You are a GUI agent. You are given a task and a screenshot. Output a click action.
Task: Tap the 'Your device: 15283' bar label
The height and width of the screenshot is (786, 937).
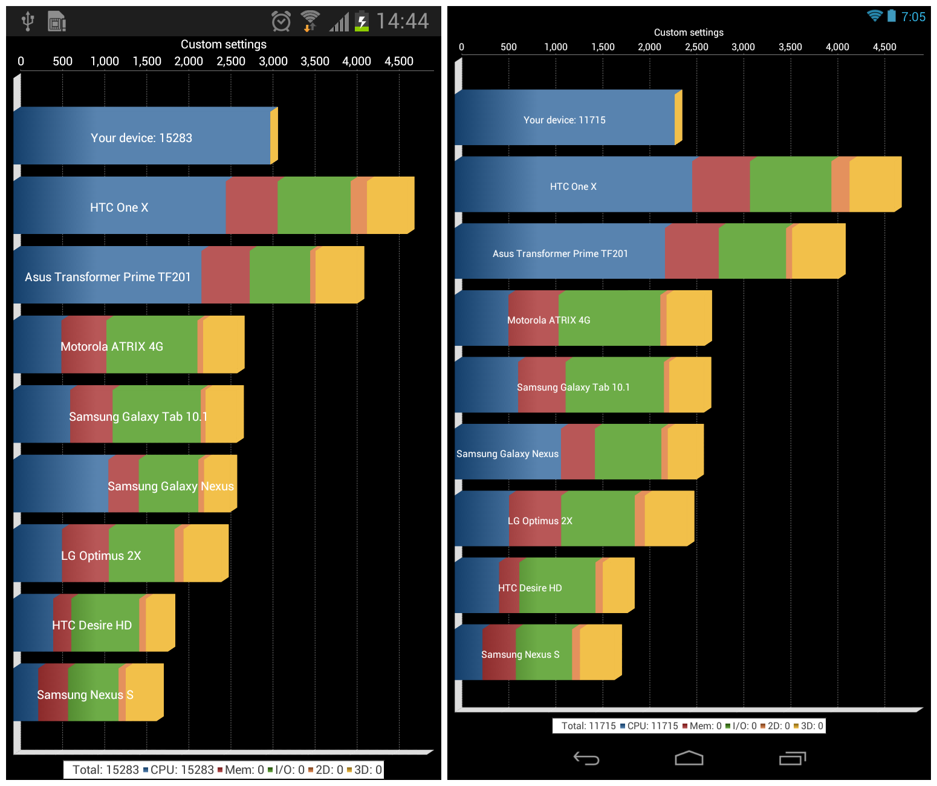pos(141,138)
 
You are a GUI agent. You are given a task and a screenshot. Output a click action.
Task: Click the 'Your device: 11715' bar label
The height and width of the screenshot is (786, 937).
pos(564,120)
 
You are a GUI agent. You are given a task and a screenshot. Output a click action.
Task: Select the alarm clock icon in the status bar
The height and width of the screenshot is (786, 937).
pos(281,22)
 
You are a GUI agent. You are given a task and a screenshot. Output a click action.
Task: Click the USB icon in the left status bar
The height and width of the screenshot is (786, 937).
pos(28,21)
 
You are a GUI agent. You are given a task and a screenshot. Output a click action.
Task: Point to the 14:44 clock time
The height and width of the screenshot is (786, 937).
pos(402,21)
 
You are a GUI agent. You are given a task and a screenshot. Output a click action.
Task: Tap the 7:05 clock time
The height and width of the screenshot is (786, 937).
pos(913,17)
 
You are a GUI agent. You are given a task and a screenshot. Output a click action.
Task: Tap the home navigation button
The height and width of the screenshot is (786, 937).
pos(689,758)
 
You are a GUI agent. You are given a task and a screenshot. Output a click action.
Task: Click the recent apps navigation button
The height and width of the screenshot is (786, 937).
pos(792,758)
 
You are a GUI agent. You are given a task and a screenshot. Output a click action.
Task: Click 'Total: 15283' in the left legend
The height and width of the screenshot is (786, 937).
pos(106,770)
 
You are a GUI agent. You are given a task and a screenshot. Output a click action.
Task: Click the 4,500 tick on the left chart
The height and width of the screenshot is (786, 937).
pos(399,61)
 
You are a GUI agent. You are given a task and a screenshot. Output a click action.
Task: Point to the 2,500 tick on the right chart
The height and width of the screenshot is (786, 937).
pos(696,47)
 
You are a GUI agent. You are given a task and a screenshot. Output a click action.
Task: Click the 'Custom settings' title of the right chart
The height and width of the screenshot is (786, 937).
pos(689,33)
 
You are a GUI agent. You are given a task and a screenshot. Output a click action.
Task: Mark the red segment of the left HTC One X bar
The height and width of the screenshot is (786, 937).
pos(251,206)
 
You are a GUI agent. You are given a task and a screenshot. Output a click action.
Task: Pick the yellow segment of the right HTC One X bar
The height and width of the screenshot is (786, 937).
pos(875,184)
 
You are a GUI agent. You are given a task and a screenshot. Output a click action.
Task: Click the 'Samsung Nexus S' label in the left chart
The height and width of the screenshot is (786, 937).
pos(85,695)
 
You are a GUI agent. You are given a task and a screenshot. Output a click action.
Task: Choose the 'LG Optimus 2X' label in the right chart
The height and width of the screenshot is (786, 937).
pos(540,521)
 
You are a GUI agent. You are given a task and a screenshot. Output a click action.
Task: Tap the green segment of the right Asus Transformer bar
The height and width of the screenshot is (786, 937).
pos(752,252)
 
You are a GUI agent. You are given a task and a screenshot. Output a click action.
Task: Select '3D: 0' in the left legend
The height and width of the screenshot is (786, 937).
pos(368,770)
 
